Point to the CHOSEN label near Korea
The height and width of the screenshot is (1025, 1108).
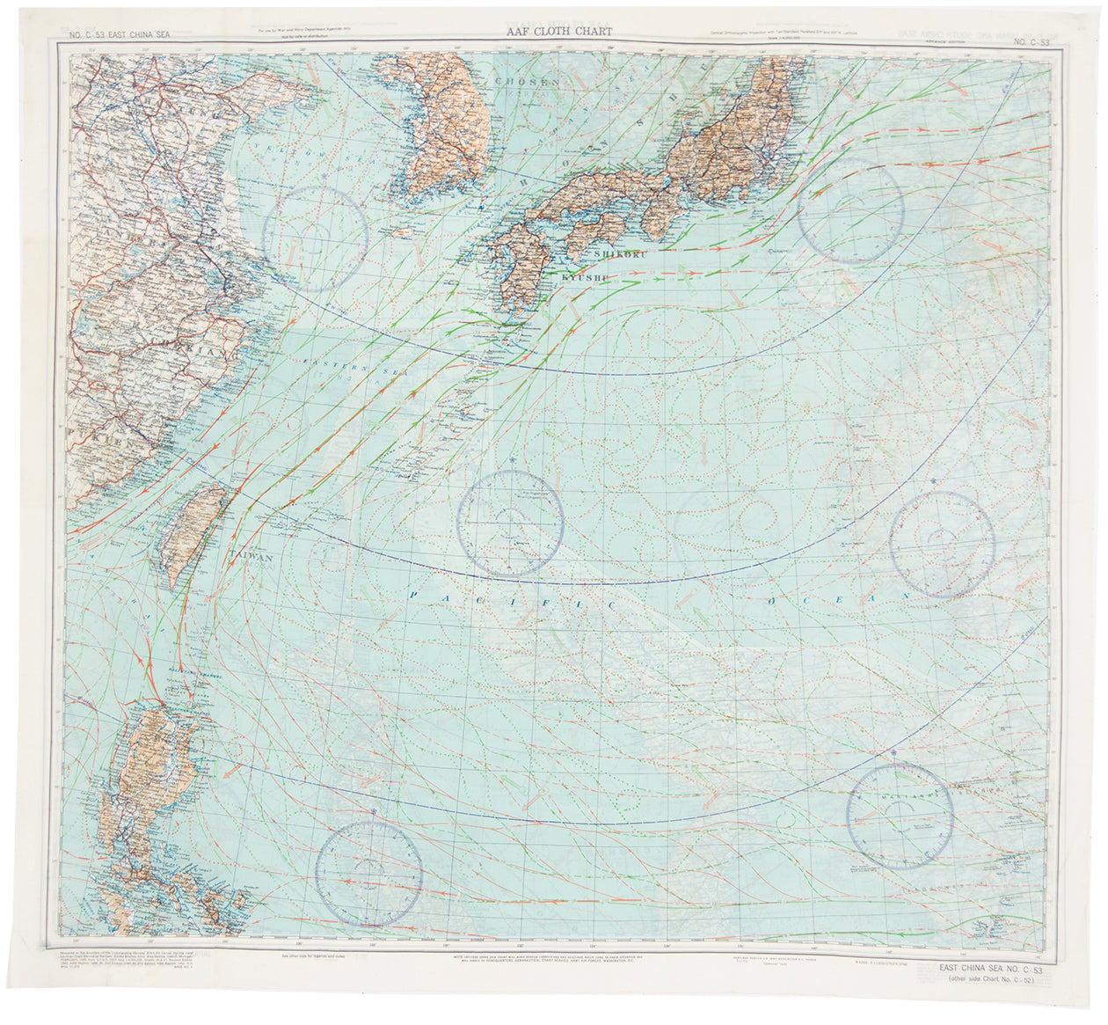(528, 82)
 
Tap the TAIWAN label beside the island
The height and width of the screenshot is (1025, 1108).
(252, 557)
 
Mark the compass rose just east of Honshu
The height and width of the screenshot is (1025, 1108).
(850, 210)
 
